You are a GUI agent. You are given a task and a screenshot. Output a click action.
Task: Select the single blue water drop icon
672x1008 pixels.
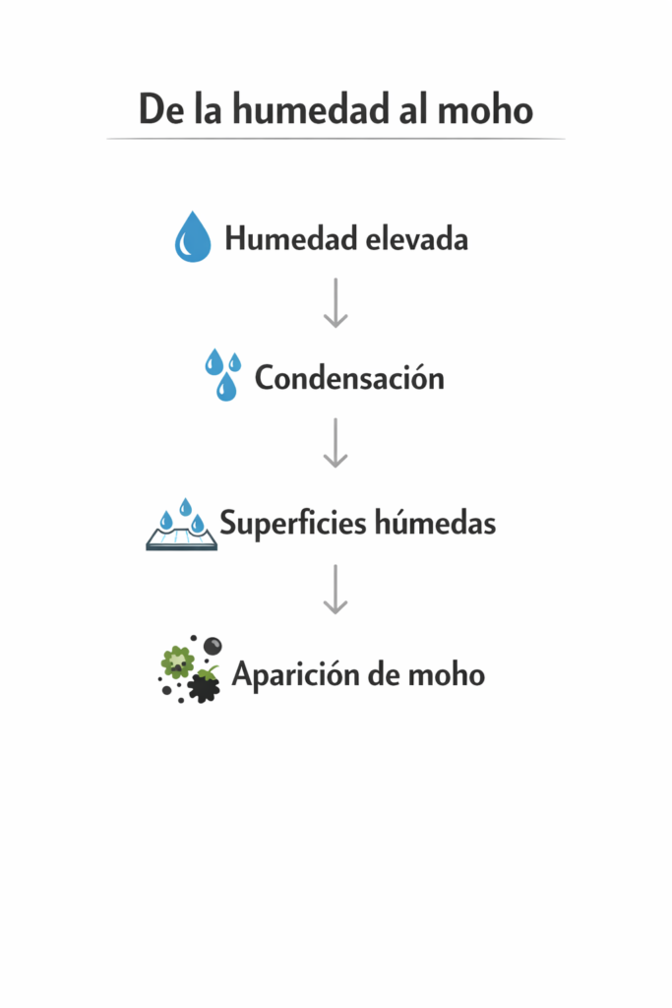193,237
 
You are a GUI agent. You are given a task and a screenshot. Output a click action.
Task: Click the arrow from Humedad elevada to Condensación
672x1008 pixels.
336,302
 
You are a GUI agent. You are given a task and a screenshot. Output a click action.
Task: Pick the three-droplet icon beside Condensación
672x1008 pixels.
223,374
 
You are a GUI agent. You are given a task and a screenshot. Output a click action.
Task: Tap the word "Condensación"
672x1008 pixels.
349,378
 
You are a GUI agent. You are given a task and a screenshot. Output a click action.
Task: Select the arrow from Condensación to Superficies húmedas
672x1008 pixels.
336,442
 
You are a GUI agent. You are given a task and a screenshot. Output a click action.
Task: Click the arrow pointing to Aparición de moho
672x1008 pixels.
336,589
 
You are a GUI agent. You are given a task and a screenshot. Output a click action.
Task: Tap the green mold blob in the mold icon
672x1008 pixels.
177,661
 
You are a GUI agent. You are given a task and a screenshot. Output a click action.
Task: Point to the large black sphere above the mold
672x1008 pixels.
213,645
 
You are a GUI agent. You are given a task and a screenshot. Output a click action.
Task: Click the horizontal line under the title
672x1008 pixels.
336,139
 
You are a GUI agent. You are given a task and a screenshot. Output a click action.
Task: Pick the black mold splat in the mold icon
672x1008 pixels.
205,686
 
